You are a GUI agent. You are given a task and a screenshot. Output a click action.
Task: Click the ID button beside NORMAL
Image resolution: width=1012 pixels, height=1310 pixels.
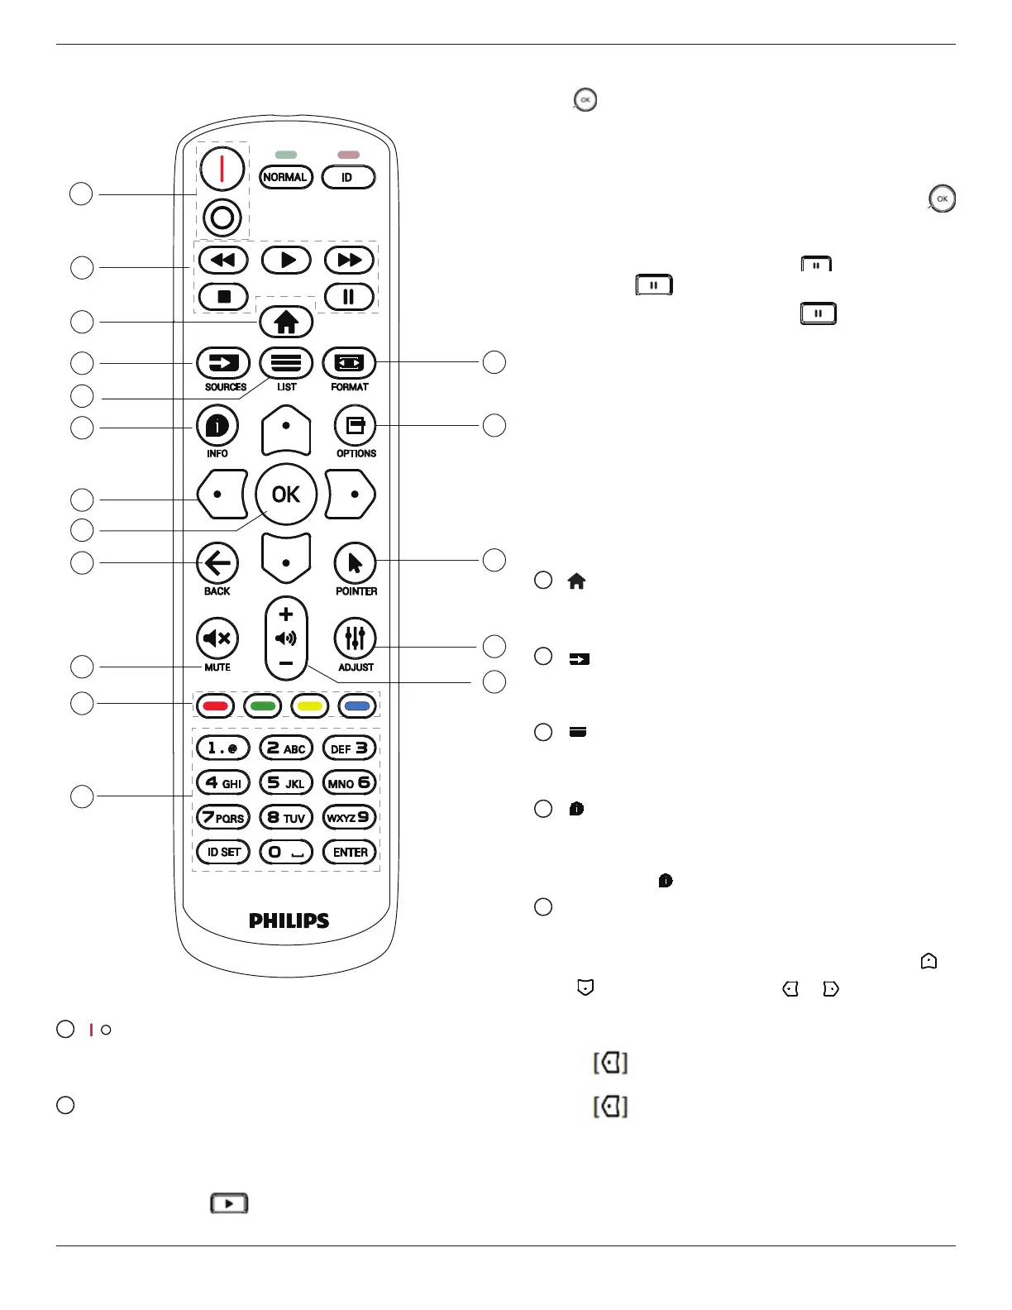[348, 177]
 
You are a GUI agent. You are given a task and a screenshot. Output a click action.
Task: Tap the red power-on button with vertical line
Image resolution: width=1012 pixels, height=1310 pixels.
[222, 169]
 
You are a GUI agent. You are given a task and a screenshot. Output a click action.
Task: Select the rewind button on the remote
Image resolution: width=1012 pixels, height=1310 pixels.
[222, 261]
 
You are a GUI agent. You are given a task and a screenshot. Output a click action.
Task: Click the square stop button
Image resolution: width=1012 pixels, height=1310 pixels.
[223, 296]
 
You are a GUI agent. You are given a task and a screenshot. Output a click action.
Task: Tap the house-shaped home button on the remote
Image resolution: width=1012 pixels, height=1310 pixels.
[286, 323]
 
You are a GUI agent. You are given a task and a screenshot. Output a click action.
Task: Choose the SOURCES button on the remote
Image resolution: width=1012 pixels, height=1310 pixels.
[223, 363]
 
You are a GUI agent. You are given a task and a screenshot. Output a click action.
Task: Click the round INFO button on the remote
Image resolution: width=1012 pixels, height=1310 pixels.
[217, 426]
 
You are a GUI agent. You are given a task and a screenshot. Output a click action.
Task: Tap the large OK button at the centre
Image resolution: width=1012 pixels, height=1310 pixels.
[286, 495]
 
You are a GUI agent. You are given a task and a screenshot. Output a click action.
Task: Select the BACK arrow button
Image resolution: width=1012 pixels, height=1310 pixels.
[217, 564]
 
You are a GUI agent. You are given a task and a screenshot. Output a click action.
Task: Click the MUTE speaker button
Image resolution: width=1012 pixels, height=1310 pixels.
[217, 638]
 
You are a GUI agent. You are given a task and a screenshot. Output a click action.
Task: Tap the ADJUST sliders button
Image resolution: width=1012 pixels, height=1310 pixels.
[356, 638]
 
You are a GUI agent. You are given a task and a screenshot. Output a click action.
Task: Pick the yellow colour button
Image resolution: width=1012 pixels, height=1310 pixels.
[310, 706]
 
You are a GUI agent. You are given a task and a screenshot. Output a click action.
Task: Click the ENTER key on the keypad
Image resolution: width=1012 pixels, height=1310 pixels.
[350, 852]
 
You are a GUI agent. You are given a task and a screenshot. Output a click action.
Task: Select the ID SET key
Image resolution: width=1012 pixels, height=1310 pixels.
[223, 852]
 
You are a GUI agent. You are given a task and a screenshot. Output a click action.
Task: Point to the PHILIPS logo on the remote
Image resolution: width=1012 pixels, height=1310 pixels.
[289, 920]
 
